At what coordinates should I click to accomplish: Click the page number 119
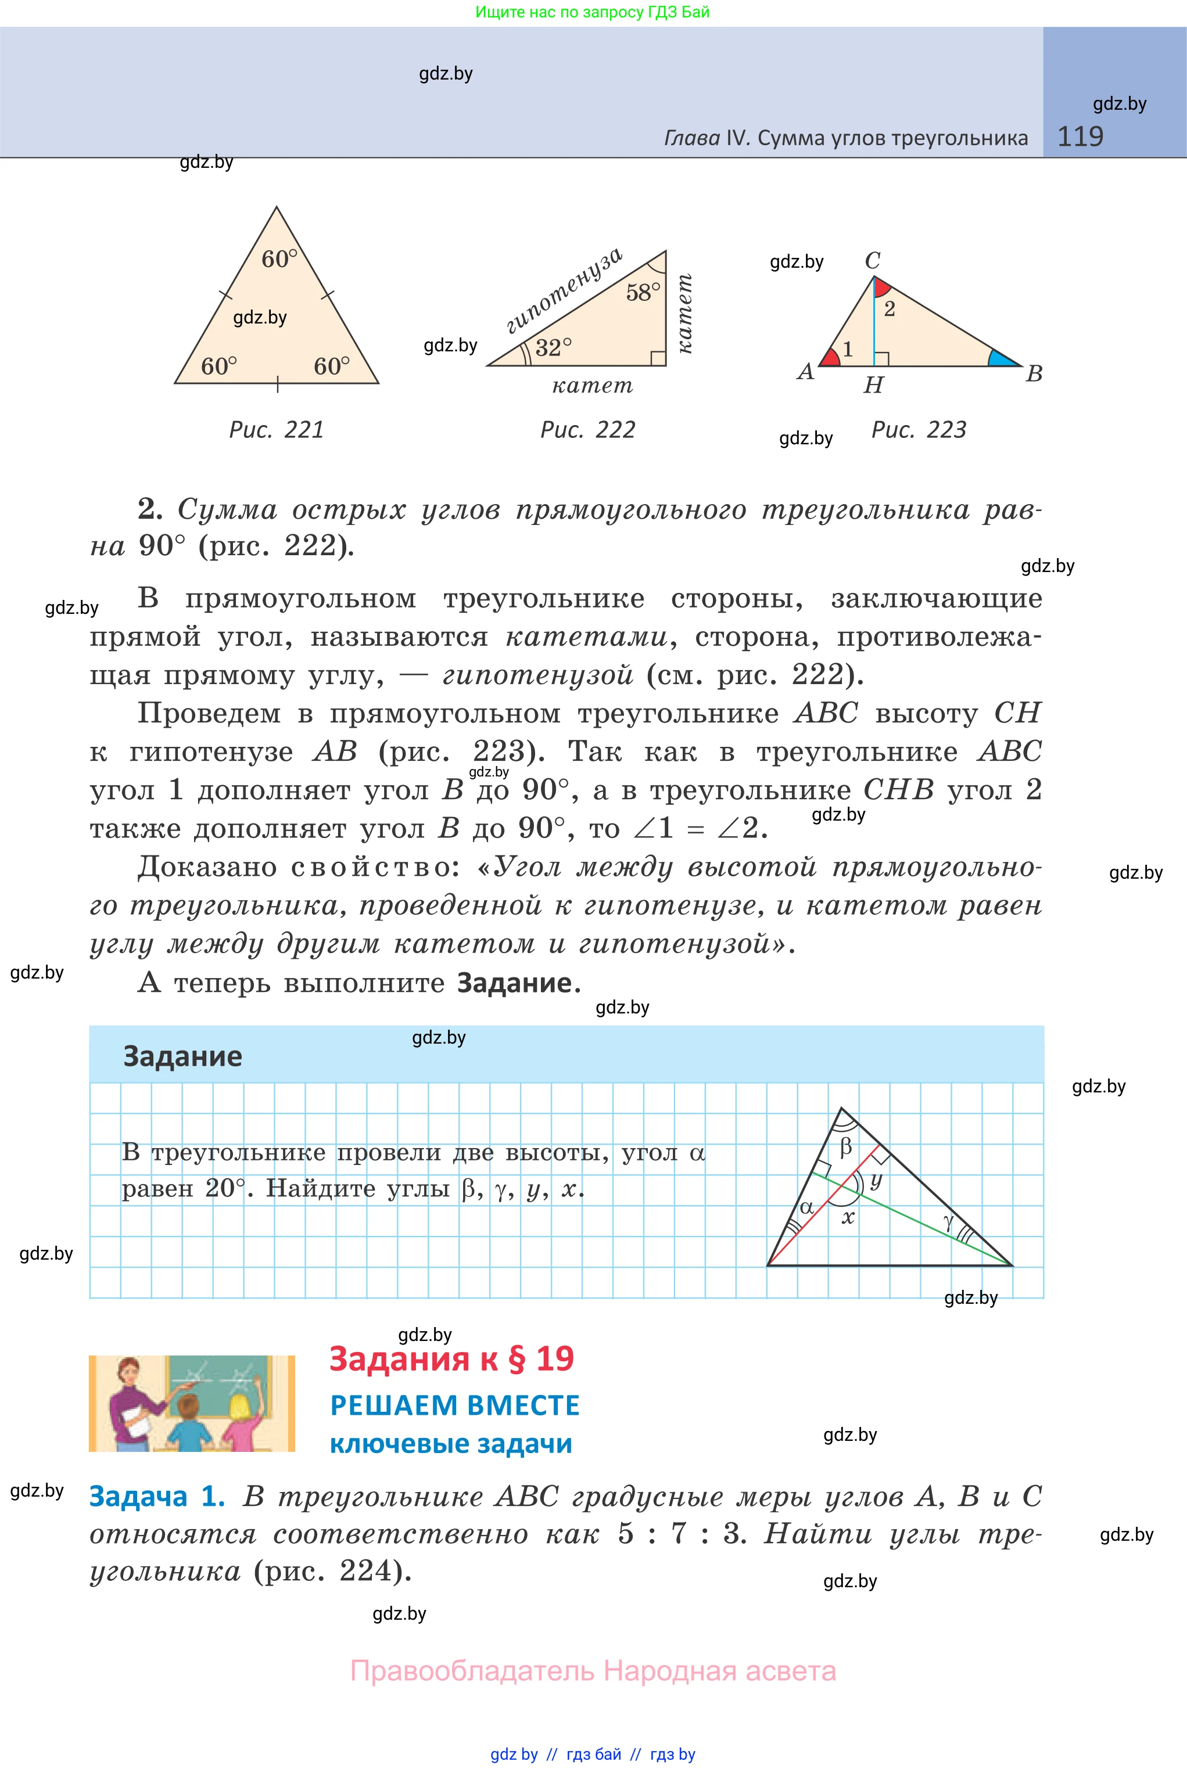[1080, 137]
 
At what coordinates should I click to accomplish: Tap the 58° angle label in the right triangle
[643, 292]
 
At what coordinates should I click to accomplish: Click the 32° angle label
[553, 348]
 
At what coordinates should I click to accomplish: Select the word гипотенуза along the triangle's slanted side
[564, 290]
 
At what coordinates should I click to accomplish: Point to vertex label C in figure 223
[872, 260]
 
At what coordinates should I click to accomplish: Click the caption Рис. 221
[277, 430]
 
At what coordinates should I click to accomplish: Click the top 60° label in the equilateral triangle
[279, 259]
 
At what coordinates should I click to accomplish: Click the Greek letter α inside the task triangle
[807, 1207]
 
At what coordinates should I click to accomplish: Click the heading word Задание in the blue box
[182, 1056]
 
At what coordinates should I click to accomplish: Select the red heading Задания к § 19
[451, 1359]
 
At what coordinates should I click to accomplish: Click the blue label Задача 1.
[157, 1497]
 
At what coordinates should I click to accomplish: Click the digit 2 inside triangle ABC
[890, 309]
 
